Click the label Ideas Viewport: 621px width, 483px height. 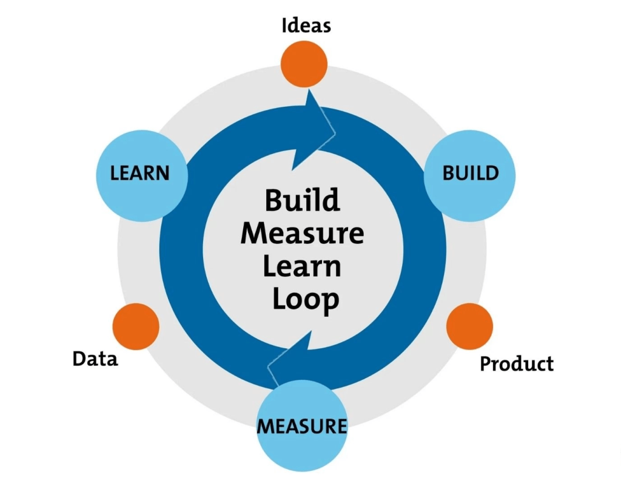tap(306, 26)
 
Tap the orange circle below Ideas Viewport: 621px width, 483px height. tap(304, 64)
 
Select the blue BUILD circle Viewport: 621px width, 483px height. tap(470, 175)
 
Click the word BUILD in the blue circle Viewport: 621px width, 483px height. tap(470, 173)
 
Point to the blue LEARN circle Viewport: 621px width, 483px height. tap(141, 175)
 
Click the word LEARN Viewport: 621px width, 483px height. tap(140, 174)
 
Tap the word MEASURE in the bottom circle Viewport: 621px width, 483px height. tap(302, 425)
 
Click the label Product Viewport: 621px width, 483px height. tap(517, 364)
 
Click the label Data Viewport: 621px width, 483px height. tap(95, 359)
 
